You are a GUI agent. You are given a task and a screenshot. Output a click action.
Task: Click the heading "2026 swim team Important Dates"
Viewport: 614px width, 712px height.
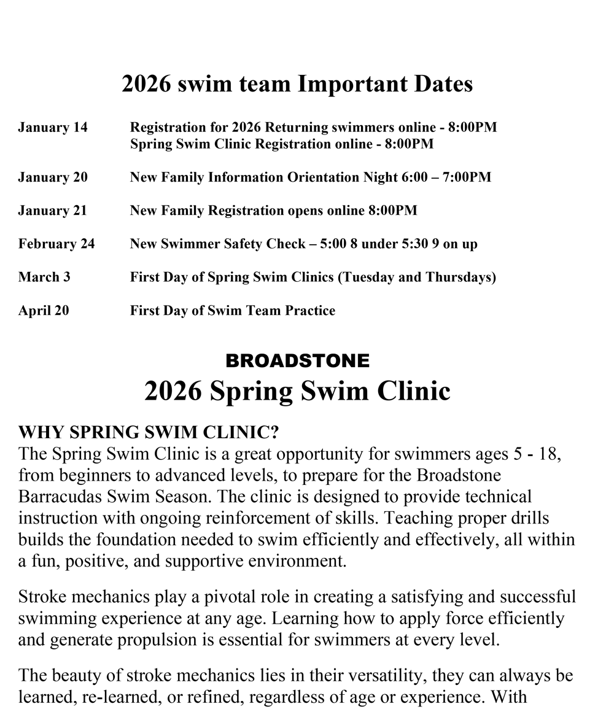pyautogui.click(x=297, y=84)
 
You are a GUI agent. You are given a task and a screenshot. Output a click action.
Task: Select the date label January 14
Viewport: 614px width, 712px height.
pyautogui.click(x=53, y=128)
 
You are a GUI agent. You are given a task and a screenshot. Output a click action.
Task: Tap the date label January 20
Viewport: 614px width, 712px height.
pyautogui.click(x=53, y=177)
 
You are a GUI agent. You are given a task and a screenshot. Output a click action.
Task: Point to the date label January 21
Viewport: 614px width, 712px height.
pyautogui.click(x=53, y=211)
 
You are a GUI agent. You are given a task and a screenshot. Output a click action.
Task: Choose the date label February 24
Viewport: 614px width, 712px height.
pyautogui.click(x=56, y=244)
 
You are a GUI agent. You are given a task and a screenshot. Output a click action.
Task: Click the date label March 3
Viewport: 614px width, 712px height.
pyautogui.click(x=44, y=277)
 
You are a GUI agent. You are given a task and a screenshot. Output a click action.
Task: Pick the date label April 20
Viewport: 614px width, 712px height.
pyautogui.click(x=44, y=311)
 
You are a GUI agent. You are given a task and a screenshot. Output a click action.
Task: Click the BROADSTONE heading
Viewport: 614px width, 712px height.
pyautogui.click(x=298, y=361)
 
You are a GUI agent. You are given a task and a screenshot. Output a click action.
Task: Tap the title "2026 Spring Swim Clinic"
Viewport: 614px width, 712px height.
pyautogui.click(x=297, y=390)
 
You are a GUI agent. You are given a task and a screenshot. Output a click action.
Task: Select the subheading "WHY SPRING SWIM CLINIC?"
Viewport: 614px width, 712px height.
pyautogui.click(x=149, y=433)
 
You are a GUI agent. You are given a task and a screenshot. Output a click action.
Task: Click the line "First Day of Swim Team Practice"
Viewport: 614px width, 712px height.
pyautogui.click(x=233, y=311)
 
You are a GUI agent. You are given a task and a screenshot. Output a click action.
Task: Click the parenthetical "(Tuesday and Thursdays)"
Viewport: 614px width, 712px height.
pyautogui.click(x=417, y=277)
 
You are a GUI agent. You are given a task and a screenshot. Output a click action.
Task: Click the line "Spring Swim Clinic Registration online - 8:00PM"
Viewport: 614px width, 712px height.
pyautogui.click(x=282, y=144)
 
